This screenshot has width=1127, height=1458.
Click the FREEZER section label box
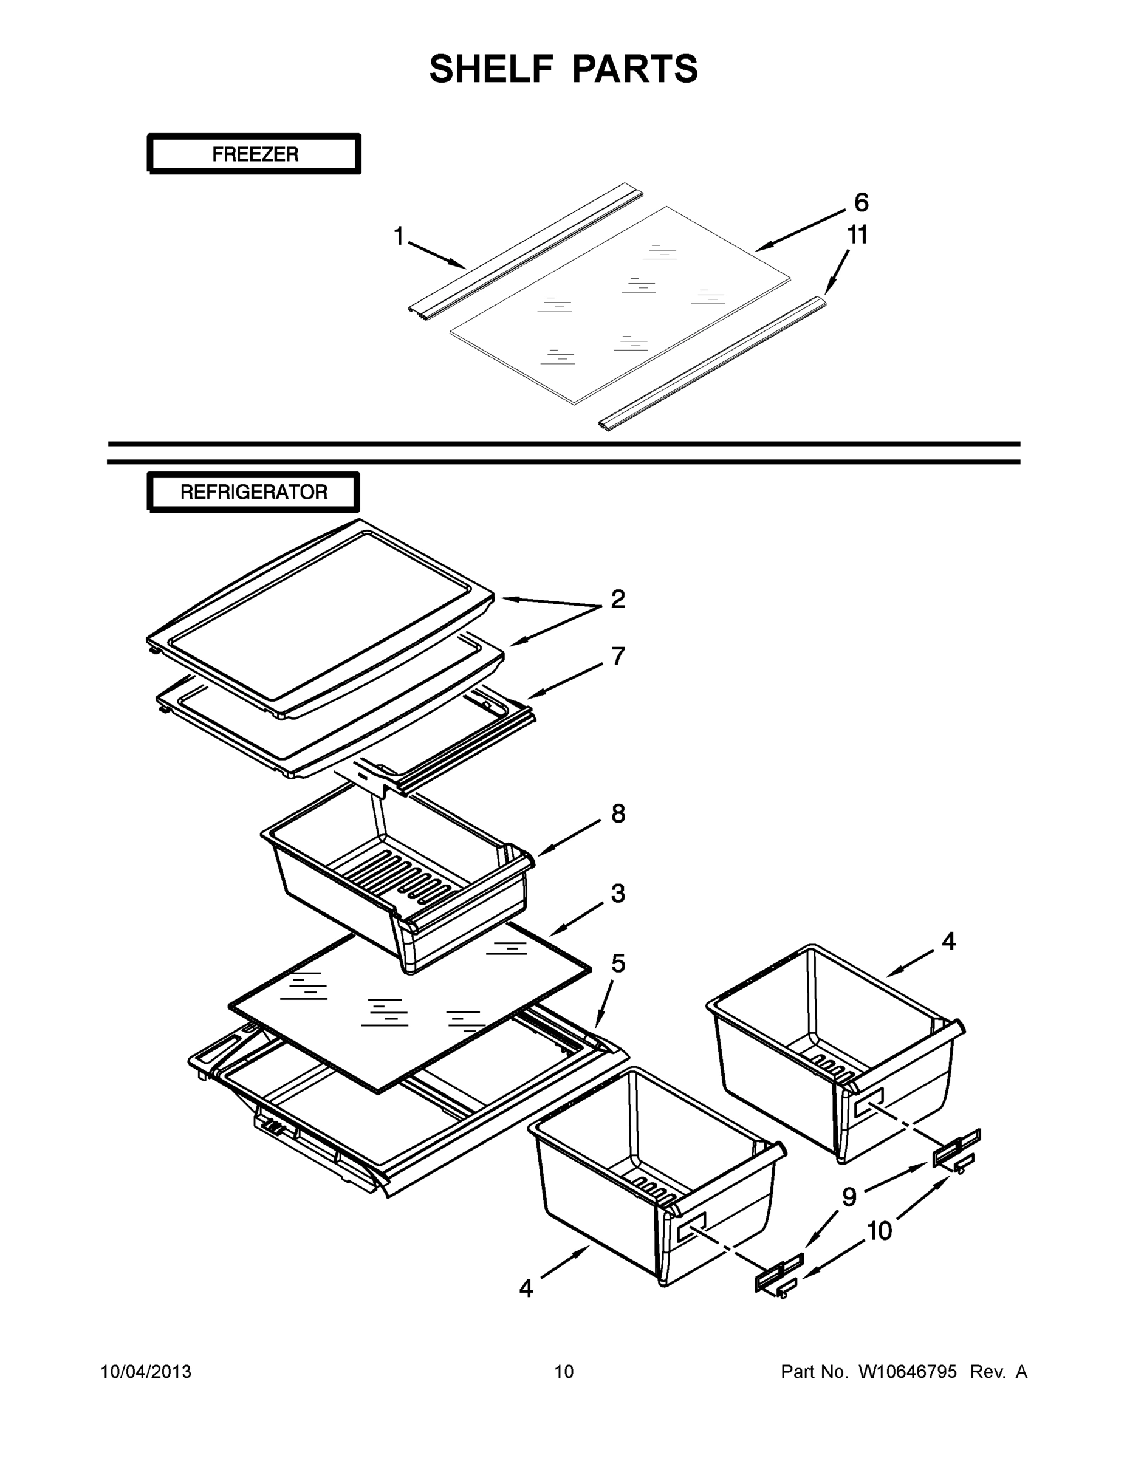[255, 154]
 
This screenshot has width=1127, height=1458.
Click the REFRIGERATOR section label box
[254, 492]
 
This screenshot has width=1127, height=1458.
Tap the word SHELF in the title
[492, 69]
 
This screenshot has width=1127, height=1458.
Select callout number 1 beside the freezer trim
[399, 236]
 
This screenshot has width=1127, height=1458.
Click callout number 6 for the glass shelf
[861, 202]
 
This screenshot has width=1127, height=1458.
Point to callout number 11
[857, 235]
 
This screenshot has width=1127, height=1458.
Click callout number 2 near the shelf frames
[618, 599]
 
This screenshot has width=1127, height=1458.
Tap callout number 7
[618, 656]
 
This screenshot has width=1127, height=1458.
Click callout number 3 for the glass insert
[618, 893]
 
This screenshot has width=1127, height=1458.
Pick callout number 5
[618, 963]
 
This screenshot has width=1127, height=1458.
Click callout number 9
[849, 1197]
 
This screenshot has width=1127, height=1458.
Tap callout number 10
[879, 1231]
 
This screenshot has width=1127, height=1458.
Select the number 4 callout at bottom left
[526, 1289]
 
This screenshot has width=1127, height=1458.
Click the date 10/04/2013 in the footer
[146, 1372]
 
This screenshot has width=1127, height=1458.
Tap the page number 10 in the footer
[564, 1372]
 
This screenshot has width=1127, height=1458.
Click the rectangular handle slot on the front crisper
[691, 1227]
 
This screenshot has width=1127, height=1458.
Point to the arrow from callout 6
[801, 231]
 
